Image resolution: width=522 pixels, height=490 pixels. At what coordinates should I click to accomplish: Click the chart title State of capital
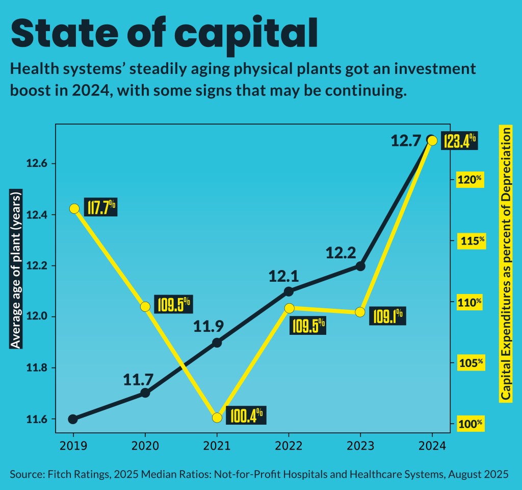[x=164, y=33]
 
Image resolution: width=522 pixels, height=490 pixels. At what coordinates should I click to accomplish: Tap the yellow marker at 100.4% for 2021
[x=217, y=418]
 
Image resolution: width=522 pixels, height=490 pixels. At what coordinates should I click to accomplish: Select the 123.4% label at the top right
[x=459, y=140]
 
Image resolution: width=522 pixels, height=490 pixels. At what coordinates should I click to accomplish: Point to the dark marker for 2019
[x=73, y=419]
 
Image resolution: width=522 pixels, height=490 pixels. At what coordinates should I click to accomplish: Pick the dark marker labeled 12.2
[x=360, y=266]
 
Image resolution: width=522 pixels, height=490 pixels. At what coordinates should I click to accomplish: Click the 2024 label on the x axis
[x=432, y=445]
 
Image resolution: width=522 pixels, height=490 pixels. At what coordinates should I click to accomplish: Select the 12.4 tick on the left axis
[x=37, y=215]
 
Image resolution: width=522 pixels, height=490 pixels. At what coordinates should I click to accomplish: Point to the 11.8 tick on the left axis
[x=37, y=368]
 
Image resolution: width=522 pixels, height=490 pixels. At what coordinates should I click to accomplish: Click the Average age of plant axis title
[x=16, y=271]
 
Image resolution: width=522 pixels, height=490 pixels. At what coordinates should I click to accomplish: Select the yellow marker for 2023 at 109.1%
[x=360, y=312]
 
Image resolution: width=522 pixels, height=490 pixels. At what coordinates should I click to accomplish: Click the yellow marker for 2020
[x=145, y=307]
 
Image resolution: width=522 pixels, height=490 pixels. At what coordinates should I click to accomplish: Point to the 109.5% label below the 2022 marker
[x=307, y=325]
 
